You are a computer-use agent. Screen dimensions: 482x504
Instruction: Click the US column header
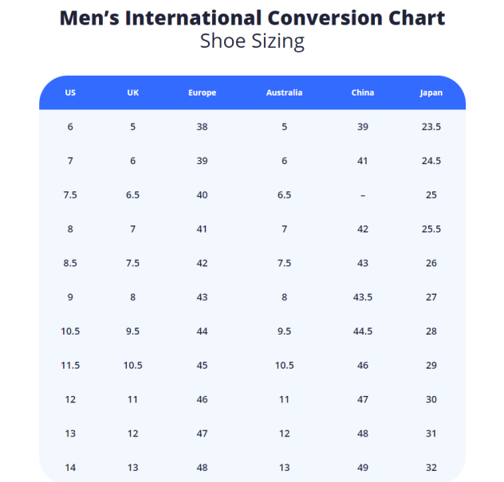tap(70, 93)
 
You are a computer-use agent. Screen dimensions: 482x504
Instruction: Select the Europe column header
tap(202, 93)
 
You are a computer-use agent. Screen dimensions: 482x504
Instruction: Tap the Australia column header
tap(284, 93)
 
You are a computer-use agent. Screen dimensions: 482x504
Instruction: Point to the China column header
tap(362, 93)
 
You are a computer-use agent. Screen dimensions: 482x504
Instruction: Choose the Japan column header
tap(431, 93)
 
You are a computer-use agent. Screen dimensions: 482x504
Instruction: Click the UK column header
tap(132, 93)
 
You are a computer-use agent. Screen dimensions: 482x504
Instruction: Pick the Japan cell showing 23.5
tap(431, 127)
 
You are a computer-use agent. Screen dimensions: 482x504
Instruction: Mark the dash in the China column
tap(363, 195)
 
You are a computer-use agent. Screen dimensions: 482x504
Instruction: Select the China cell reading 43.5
tap(363, 297)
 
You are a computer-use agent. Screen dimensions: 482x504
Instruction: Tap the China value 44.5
tap(363, 331)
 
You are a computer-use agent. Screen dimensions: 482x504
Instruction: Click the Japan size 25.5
tap(431, 229)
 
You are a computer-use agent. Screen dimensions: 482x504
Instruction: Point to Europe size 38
tap(202, 127)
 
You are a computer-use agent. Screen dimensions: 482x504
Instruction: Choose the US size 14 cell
tap(70, 468)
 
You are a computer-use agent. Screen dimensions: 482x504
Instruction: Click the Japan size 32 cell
tap(431, 468)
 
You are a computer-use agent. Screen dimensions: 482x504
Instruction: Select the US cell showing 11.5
tap(70, 366)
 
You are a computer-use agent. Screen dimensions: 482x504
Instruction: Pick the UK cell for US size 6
tap(132, 127)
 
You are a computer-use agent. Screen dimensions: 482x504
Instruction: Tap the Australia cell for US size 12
tap(284, 400)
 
